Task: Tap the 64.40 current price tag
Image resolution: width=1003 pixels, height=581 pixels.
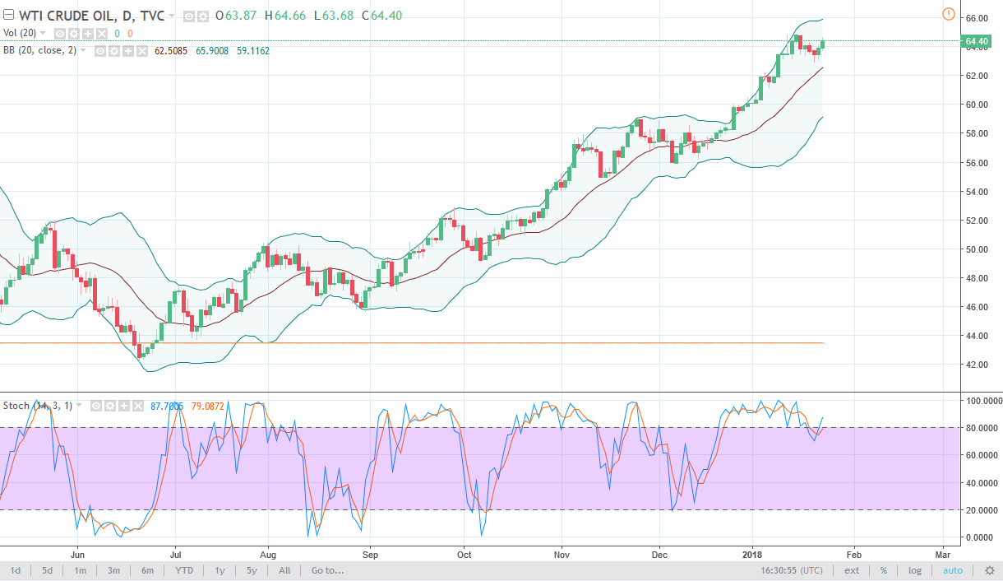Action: click(976, 41)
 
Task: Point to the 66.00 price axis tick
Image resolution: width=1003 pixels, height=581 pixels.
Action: click(976, 18)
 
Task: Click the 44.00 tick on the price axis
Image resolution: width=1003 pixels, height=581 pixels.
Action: click(976, 336)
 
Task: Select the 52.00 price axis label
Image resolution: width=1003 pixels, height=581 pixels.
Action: click(976, 221)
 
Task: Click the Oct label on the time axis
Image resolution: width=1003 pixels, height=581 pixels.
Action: click(465, 553)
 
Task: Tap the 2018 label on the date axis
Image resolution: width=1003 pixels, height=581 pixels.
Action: click(754, 553)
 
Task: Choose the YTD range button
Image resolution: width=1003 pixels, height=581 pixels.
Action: click(184, 570)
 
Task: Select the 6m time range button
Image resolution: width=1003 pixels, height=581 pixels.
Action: click(147, 570)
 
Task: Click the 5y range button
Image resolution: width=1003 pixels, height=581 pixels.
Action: click(251, 570)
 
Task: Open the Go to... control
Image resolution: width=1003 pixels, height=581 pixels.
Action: click(327, 570)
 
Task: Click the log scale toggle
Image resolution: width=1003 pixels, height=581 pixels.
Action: click(915, 570)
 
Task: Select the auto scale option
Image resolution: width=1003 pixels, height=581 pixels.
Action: click(952, 570)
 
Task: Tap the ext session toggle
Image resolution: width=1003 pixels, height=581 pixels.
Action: click(852, 570)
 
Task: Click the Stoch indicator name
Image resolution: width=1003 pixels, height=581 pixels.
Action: click(16, 406)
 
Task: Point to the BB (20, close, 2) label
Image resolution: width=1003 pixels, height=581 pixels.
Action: click(39, 50)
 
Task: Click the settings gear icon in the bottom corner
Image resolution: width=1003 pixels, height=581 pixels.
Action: click(989, 570)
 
